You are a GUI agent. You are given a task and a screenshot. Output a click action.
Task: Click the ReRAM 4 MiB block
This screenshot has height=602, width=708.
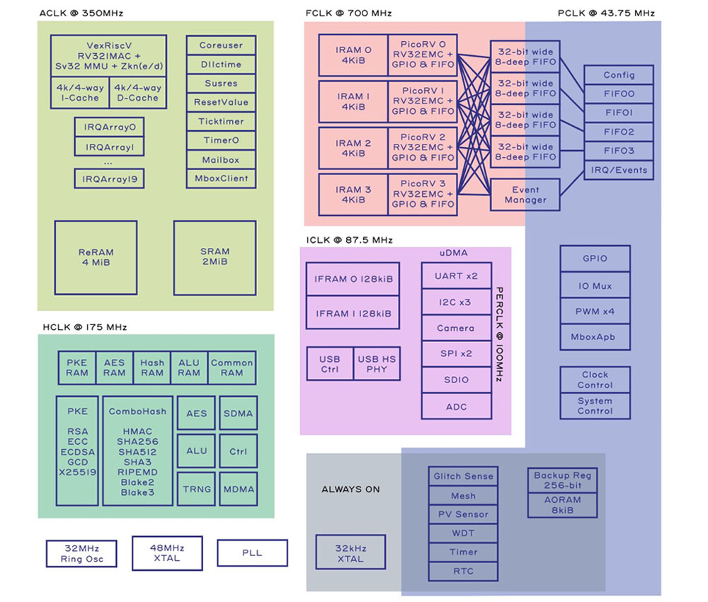point(96,257)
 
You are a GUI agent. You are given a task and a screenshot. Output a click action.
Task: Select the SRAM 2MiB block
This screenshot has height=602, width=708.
point(215,257)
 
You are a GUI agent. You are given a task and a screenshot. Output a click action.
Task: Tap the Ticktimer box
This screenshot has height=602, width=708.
point(221,121)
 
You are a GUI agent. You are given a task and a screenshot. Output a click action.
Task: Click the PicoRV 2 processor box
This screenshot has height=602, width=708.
point(423,147)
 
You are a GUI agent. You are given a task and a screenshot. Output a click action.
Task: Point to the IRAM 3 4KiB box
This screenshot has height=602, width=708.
point(353,194)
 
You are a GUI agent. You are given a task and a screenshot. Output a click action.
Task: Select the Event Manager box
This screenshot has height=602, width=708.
point(525,195)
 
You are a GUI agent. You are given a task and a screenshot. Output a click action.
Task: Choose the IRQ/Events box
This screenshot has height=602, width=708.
point(618,170)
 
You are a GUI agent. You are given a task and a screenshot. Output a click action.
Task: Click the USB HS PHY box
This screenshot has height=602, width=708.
point(377,364)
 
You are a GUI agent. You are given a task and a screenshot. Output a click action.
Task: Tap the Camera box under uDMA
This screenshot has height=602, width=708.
point(455,328)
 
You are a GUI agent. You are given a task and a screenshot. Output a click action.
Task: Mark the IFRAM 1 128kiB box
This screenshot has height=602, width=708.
point(353,313)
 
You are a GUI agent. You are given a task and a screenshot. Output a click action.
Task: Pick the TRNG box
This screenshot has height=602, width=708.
point(196,489)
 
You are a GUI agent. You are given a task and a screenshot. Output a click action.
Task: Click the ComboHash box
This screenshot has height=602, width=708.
point(137,450)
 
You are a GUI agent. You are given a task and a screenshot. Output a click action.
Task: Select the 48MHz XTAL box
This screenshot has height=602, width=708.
point(166,552)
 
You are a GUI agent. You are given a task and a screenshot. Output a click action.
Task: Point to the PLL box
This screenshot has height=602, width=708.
point(252,552)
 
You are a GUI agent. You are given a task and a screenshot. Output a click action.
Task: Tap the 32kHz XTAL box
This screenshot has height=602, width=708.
point(350,553)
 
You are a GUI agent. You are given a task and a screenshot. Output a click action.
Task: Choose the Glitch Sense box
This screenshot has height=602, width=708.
point(462,477)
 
